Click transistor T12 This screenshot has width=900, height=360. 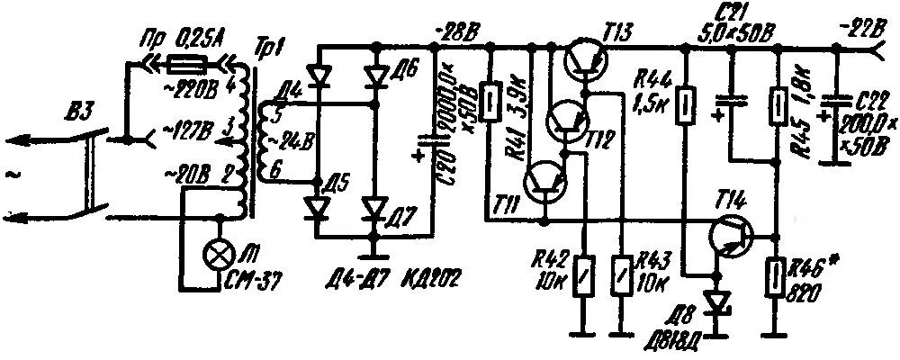click(565, 124)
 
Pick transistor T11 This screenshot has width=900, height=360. click(545, 183)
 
